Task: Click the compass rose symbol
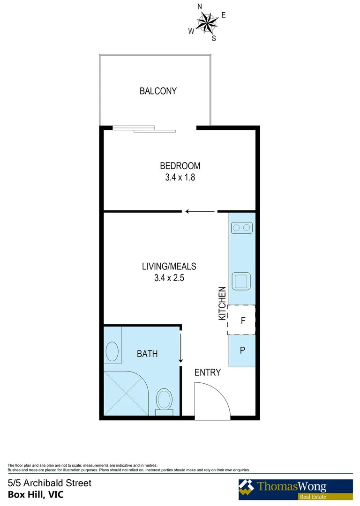coord(206,22)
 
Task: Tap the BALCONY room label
coord(158,91)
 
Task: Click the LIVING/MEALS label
coord(169,267)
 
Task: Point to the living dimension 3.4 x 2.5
coord(169,277)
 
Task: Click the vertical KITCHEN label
coord(223,304)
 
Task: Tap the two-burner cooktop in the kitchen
coord(241,228)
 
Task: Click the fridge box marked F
coord(242,320)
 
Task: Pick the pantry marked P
coord(242,350)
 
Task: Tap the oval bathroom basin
coord(112,351)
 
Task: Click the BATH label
coord(147,354)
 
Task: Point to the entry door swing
coord(211,401)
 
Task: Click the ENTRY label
coord(207,372)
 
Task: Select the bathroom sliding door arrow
coord(181,347)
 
